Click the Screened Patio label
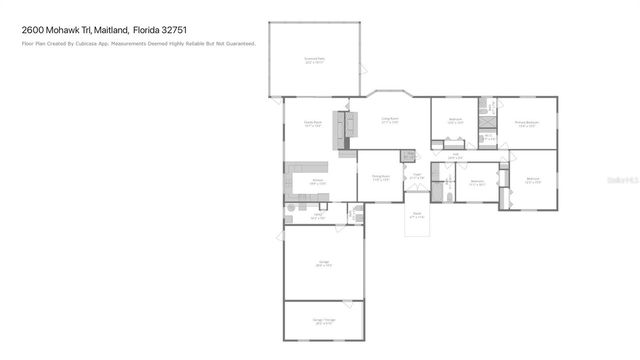(x=314, y=59)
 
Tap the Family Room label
(x=312, y=124)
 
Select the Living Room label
(x=390, y=120)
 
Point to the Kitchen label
(x=318, y=182)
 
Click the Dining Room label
(x=380, y=178)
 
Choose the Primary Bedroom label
(x=527, y=124)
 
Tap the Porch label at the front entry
(x=417, y=214)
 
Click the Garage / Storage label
(x=324, y=322)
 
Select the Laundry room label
(x=317, y=215)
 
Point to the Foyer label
(x=418, y=176)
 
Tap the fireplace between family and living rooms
(x=352, y=125)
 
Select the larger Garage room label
(x=324, y=262)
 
